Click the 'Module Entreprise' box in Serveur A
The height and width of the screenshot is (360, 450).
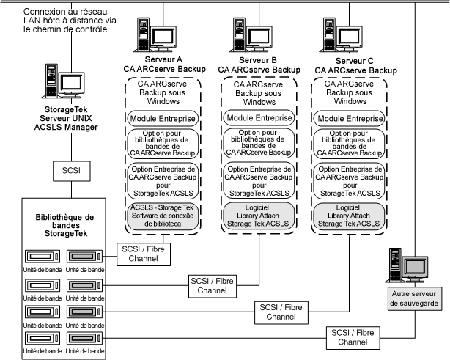[160, 118]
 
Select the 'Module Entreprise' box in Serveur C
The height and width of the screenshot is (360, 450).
[350, 118]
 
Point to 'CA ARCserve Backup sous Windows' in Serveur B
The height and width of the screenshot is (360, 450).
[254, 93]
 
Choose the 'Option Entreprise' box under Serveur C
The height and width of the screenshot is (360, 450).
[350, 181]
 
